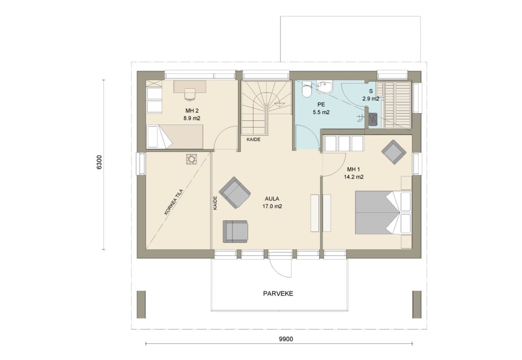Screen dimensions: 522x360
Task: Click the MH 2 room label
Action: point(192,111)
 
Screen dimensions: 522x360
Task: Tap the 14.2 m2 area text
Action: point(354,177)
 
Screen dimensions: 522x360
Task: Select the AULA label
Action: point(272,199)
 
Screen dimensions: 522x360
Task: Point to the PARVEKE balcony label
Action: point(278,294)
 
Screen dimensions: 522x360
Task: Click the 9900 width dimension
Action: point(285,340)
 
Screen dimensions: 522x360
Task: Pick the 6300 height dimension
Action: point(99,163)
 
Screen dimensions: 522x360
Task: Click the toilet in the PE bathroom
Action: point(306,89)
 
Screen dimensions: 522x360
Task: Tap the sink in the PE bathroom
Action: point(324,87)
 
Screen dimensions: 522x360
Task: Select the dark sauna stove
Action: point(373,119)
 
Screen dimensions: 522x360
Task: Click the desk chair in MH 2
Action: point(190,94)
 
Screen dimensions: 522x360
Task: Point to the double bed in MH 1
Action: point(383,213)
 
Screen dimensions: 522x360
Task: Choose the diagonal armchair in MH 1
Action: point(394,152)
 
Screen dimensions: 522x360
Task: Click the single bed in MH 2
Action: point(174,137)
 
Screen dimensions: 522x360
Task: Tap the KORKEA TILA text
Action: point(174,202)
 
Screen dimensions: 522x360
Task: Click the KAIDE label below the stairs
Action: point(253,140)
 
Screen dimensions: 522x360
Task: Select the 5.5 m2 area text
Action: point(321,112)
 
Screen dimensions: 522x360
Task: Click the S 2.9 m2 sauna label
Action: point(371,95)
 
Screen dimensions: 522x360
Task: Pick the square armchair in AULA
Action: point(235,231)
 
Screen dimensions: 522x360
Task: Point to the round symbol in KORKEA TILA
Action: point(192,159)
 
